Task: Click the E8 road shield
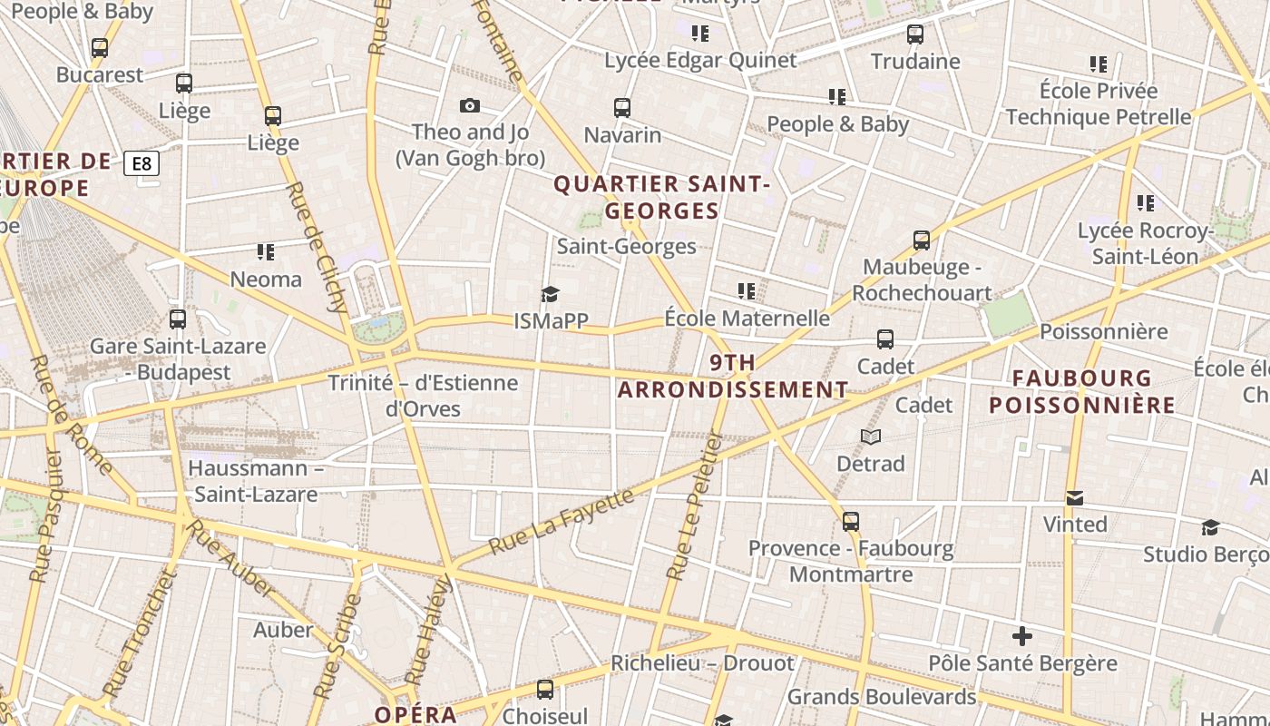tap(142, 164)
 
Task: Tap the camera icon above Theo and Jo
tap(469, 106)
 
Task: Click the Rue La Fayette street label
tap(562, 521)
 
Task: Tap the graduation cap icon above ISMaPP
tap(550, 294)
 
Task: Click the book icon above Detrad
tap(871, 437)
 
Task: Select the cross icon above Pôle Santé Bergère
tap(1022, 636)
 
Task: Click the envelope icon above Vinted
tap(1075, 498)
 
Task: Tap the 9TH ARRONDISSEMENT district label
tap(733, 377)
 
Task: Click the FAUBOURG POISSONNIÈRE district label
tap(1081, 392)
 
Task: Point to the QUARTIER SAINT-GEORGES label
tap(662, 197)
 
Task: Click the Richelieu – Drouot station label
tap(702, 663)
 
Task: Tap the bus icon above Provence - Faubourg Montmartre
tap(851, 522)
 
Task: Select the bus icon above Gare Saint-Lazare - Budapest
tap(178, 319)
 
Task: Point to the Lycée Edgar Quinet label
tap(700, 61)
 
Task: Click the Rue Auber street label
tap(230, 563)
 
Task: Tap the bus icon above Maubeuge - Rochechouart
tap(922, 240)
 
